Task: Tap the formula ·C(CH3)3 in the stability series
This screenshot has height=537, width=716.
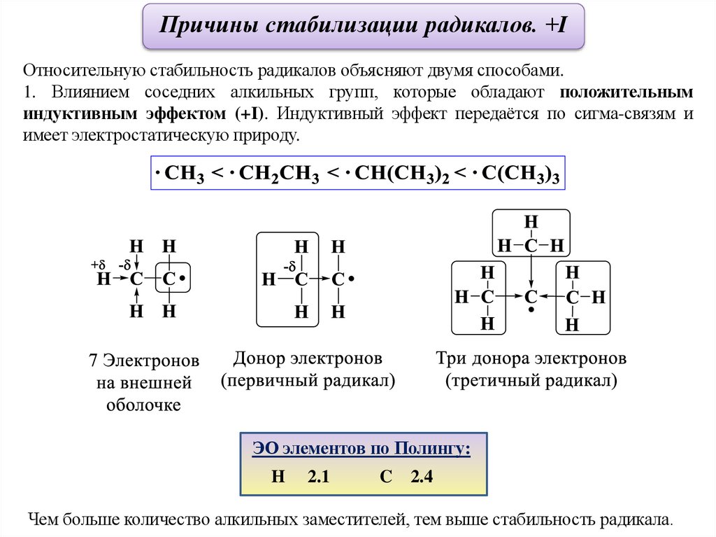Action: [x=515, y=174]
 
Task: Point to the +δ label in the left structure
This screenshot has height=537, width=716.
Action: [x=97, y=265]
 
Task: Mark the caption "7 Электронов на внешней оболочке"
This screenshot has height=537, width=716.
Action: [x=144, y=382]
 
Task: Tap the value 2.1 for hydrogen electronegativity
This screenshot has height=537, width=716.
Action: [x=318, y=477]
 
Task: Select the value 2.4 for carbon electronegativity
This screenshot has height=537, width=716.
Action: [x=422, y=477]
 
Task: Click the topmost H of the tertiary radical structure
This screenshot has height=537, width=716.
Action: [x=531, y=223]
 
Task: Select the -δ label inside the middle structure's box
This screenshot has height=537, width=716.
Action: [x=289, y=266]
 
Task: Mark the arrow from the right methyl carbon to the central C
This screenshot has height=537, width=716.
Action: [x=552, y=298]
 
